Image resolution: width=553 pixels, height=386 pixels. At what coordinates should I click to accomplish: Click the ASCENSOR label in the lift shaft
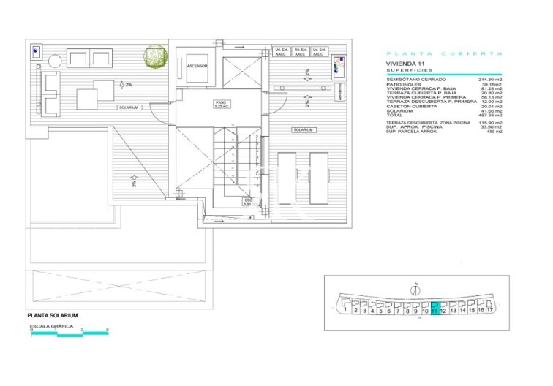pyautogui.click(x=197, y=65)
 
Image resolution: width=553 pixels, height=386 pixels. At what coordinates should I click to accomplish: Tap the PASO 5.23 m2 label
pyautogui.click(x=222, y=104)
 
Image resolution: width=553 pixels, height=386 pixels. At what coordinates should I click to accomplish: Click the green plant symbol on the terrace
pyautogui.click(x=155, y=56)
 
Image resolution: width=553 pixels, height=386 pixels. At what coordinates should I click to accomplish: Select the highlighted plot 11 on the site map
pyautogui.click(x=434, y=309)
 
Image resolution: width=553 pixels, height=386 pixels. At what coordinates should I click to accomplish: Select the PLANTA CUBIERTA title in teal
pyautogui.click(x=444, y=53)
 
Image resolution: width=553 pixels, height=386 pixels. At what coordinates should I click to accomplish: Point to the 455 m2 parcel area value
pyautogui.click(x=495, y=132)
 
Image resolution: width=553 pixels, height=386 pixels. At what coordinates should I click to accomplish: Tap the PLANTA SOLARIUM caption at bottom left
pyautogui.click(x=53, y=315)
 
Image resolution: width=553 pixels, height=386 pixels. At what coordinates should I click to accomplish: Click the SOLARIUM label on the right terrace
pyautogui.click(x=303, y=129)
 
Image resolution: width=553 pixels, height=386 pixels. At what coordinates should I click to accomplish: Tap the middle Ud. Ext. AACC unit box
pyautogui.click(x=299, y=53)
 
